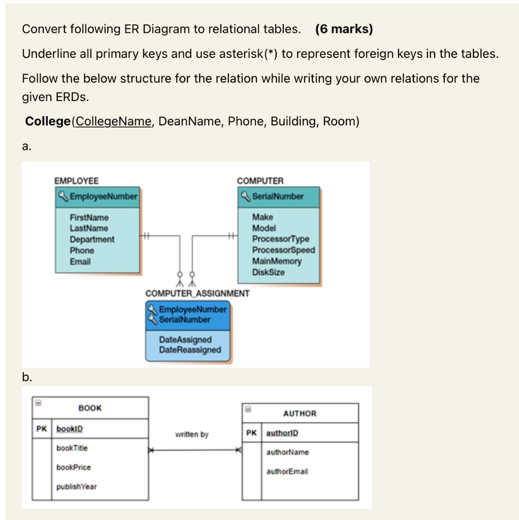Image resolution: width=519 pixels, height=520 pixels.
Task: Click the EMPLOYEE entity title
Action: click(x=77, y=181)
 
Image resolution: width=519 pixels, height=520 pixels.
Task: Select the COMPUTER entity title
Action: click(x=261, y=181)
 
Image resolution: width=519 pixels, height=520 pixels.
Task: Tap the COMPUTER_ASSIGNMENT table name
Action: click(x=197, y=294)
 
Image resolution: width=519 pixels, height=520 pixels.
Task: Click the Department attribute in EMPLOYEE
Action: click(x=92, y=239)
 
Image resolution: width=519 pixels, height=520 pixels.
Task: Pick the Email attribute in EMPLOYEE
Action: click(x=80, y=262)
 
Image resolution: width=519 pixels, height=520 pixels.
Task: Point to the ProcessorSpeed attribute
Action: click(x=283, y=250)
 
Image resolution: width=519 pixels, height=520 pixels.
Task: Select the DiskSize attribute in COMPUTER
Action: click(x=269, y=272)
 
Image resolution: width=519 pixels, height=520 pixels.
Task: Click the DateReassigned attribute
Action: click(x=190, y=350)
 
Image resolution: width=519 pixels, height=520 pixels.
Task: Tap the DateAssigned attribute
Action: click(x=185, y=340)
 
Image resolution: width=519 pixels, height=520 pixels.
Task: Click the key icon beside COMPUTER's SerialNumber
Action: click(x=246, y=196)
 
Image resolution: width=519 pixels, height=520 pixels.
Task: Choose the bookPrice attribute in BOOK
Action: click(x=74, y=467)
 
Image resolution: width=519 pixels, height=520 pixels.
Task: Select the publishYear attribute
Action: click(x=76, y=486)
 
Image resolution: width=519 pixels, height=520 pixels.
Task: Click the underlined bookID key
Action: click(x=69, y=429)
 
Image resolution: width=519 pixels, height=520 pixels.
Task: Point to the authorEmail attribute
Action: click(x=287, y=471)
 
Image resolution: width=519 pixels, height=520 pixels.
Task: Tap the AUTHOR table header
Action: click(x=300, y=413)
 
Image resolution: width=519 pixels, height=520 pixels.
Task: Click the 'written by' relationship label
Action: click(x=191, y=435)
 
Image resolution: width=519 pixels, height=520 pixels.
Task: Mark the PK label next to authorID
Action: click(x=251, y=433)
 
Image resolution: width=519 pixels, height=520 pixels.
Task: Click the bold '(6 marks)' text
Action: click(x=344, y=29)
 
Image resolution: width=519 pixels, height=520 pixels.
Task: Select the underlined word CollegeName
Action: click(x=113, y=122)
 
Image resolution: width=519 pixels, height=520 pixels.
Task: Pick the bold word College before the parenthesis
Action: click(x=48, y=122)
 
